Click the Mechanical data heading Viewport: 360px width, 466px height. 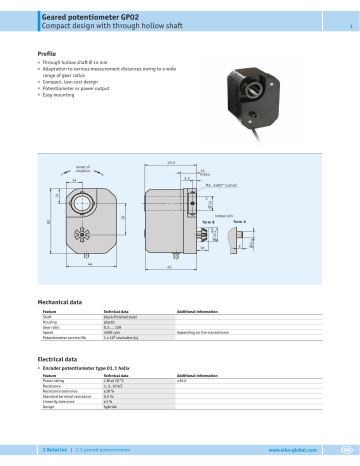click(65, 300)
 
